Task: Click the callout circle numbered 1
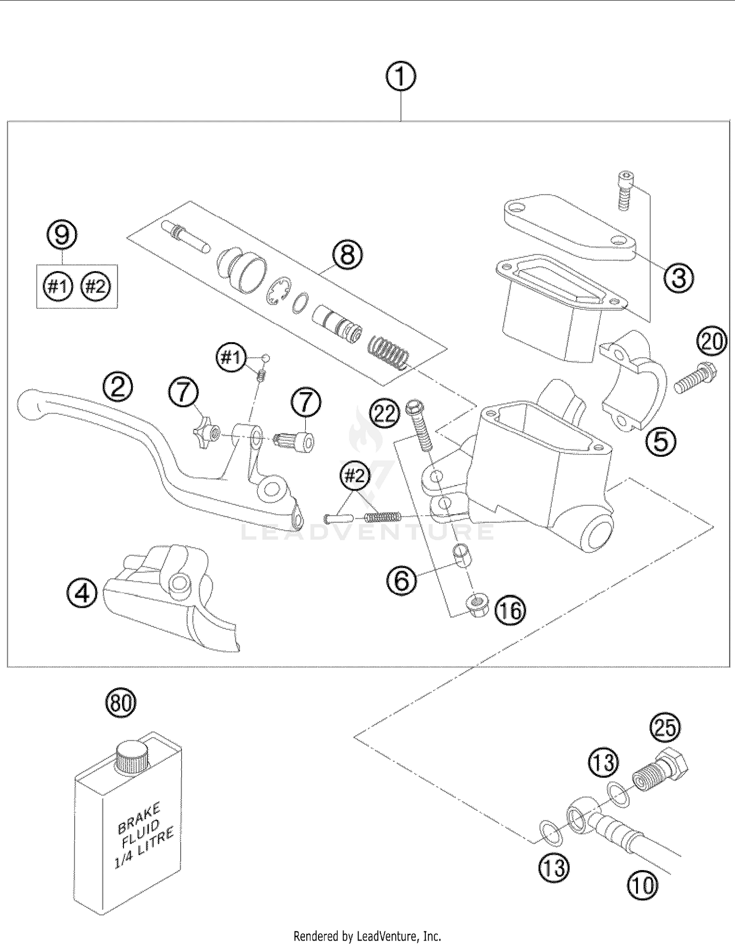click(400, 77)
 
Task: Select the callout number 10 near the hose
click(642, 886)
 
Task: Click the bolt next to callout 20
click(695, 378)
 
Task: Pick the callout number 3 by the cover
click(679, 277)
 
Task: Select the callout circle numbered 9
click(62, 236)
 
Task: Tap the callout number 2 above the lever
click(118, 388)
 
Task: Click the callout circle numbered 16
click(510, 611)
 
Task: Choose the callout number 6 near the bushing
click(401, 581)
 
